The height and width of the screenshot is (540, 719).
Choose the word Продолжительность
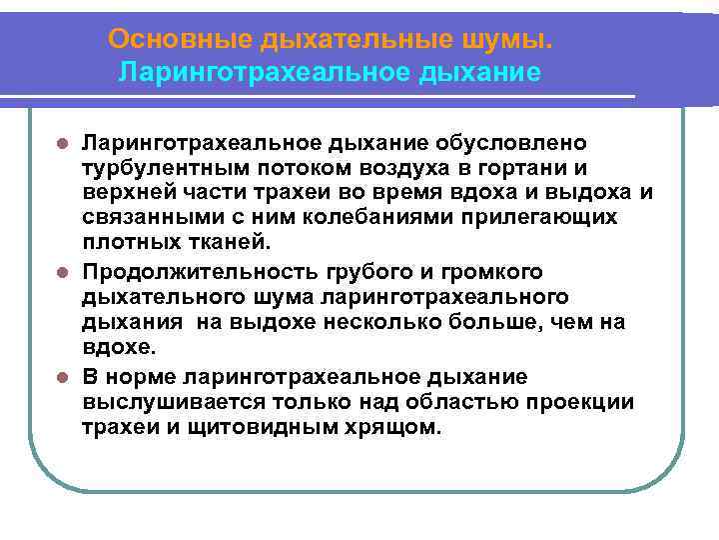(200, 272)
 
